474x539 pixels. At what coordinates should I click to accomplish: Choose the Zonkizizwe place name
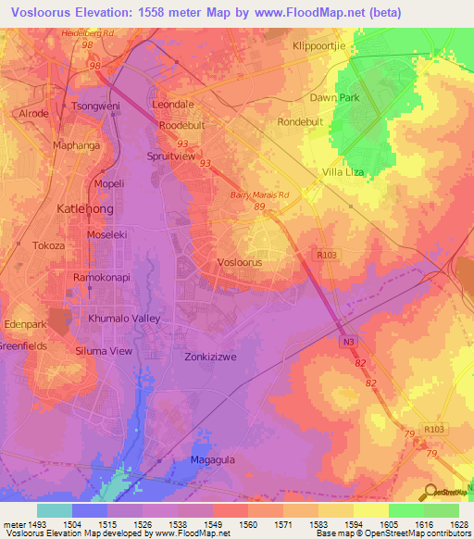[x=214, y=356]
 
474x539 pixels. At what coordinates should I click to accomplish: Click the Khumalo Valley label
[x=124, y=318]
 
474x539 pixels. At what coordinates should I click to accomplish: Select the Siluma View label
[x=104, y=351]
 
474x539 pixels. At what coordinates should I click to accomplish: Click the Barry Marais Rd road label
[x=260, y=195]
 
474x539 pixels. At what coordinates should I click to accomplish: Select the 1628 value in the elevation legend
[x=456, y=525]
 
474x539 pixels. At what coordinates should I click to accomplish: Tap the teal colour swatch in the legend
[x=54, y=510]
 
